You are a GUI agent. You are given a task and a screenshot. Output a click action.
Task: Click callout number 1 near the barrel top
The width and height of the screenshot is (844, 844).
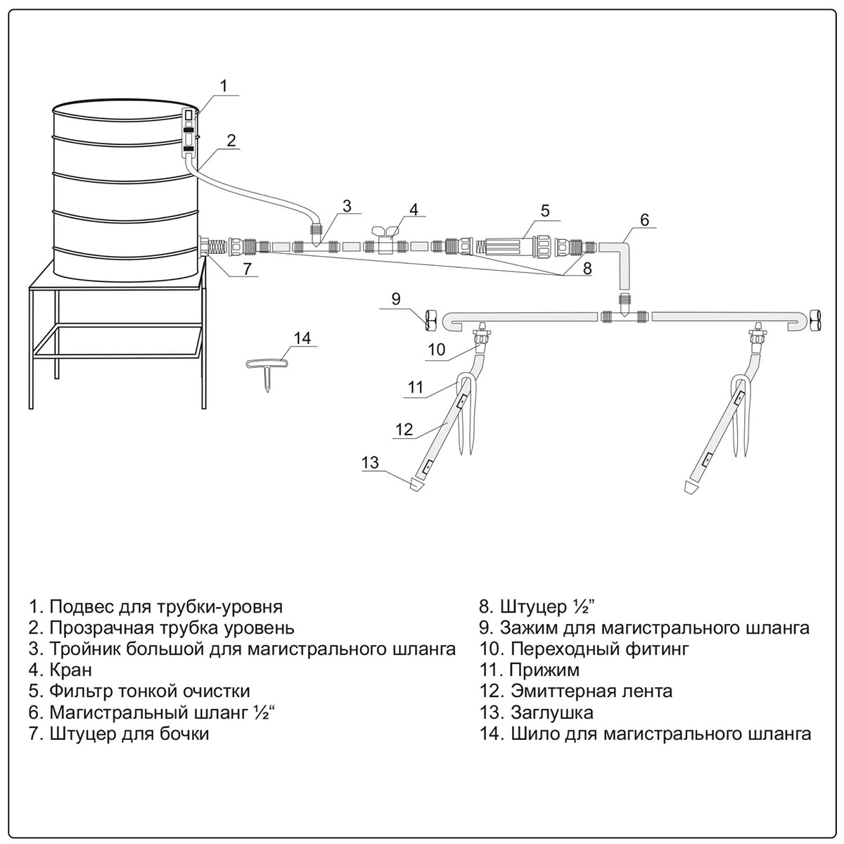[x=223, y=87]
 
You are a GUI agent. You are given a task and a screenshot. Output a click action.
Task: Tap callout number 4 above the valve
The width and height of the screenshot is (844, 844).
[x=414, y=209]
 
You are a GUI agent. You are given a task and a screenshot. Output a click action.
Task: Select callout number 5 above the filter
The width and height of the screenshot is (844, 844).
[x=544, y=210]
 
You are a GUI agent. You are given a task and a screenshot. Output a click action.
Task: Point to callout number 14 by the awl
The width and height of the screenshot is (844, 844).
[x=302, y=338]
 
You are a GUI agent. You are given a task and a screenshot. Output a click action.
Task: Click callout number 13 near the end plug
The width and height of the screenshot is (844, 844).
[x=371, y=462]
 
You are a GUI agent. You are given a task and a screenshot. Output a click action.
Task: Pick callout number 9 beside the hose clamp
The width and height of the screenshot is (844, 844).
[x=396, y=298]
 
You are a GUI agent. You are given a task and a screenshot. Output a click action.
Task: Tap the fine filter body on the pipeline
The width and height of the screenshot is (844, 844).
[x=506, y=248]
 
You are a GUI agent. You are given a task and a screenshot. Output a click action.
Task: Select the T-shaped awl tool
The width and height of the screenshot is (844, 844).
[x=267, y=370]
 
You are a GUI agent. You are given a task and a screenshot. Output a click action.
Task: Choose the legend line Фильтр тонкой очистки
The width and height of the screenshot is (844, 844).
[x=150, y=691]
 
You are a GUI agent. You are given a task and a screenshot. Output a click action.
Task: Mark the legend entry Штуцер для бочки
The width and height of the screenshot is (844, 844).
[x=129, y=734]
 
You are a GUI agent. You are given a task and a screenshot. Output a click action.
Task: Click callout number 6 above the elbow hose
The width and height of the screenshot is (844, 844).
[x=644, y=219]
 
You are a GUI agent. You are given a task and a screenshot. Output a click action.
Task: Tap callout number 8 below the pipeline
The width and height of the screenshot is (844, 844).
[x=587, y=268]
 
